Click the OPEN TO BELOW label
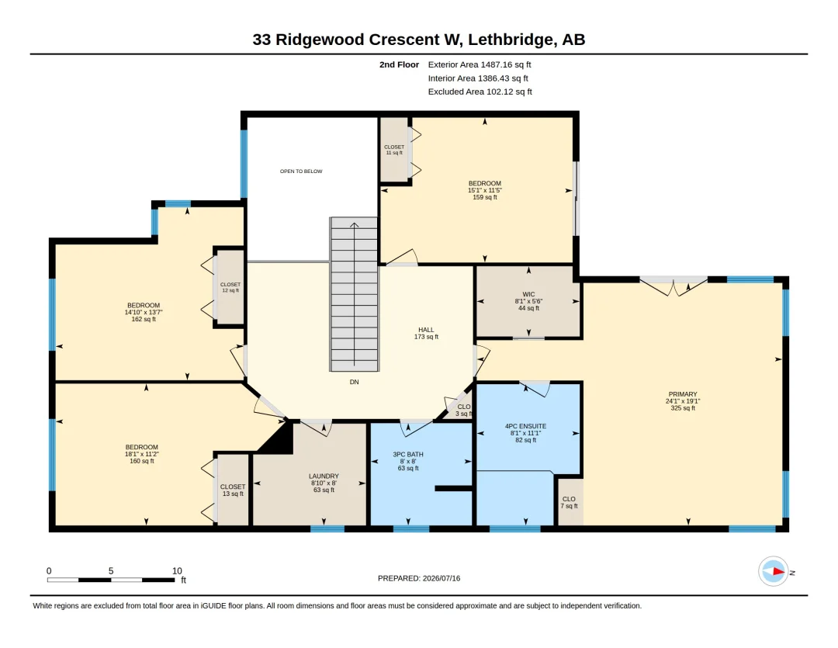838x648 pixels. pyautogui.click(x=301, y=171)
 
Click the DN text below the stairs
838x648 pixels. pyautogui.click(x=354, y=382)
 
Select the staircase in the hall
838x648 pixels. pyautogui.click(x=354, y=294)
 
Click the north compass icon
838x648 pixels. pyautogui.click(x=774, y=571)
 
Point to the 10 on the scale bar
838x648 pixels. pyautogui.click(x=177, y=571)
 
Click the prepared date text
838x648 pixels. pyautogui.click(x=419, y=578)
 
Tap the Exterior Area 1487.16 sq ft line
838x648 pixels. pyautogui.click(x=480, y=64)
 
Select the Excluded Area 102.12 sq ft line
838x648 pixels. pyautogui.click(x=480, y=92)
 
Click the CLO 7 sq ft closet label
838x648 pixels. pyautogui.click(x=569, y=503)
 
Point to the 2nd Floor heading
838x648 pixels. pyautogui.click(x=400, y=64)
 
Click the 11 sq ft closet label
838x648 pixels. pyautogui.click(x=394, y=150)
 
